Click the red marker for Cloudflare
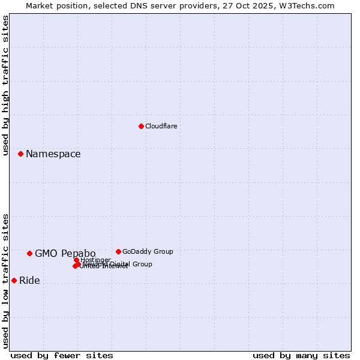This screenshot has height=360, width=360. click(x=141, y=126)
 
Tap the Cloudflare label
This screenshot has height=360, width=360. click(x=161, y=126)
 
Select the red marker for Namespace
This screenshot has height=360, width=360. click(x=20, y=154)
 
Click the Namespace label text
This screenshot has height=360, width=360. click(x=53, y=154)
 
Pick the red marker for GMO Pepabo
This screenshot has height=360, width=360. click(x=29, y=253)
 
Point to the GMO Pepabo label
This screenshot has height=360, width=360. click(x=65, y=253)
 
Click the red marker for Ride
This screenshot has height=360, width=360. click(x=14, y=280)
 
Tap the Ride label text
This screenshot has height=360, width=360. click(x=29, y=280)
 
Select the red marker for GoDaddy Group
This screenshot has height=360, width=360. click(x=118, y=251)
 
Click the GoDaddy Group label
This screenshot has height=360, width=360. click(x=148, y=251)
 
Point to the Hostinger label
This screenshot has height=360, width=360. click(x=95, y=260)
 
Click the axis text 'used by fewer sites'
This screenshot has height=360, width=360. click(x=62, y=356)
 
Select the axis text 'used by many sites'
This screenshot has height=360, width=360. click(x=301, y=356)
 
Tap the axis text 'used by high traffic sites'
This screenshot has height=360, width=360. click(x=5, y=85)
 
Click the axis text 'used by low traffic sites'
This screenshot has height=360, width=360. click(x=5, y=280)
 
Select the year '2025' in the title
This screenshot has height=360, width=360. click(x=271, y=5)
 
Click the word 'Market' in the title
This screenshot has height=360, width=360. click(x=40, y=5)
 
